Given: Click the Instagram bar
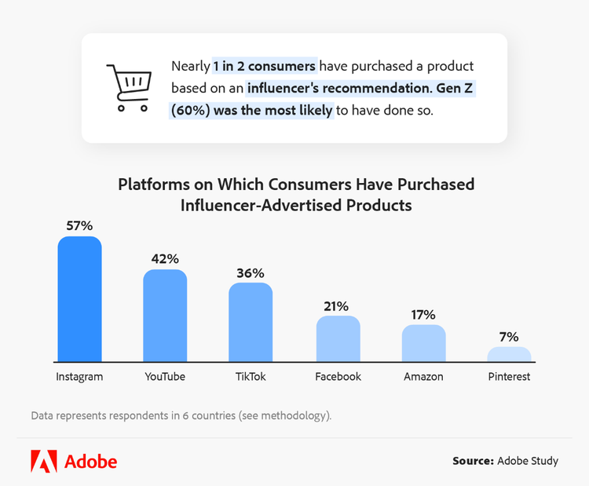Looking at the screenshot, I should (79, 299).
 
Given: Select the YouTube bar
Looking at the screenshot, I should (165, 316).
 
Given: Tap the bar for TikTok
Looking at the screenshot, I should (251, 322).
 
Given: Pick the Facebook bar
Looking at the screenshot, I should (338, 338).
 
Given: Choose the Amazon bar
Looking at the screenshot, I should (423, 343).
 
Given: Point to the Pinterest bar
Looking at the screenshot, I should (509, 354).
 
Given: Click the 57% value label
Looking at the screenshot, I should (79, 226).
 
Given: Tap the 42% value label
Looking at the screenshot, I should (165, 259).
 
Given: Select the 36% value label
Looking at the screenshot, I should (251, 272).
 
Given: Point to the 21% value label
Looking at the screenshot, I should (338, 305).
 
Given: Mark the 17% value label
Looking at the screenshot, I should (423, 315).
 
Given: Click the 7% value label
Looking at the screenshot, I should (509, 337).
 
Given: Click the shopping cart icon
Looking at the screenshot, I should (128, 87).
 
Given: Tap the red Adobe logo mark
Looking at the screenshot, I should (43, 461).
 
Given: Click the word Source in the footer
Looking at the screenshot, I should (472, 461).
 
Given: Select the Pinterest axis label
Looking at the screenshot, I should (509, 377).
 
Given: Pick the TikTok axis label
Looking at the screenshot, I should (251, 377).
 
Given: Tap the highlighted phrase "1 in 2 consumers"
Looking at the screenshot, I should (265, 66).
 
